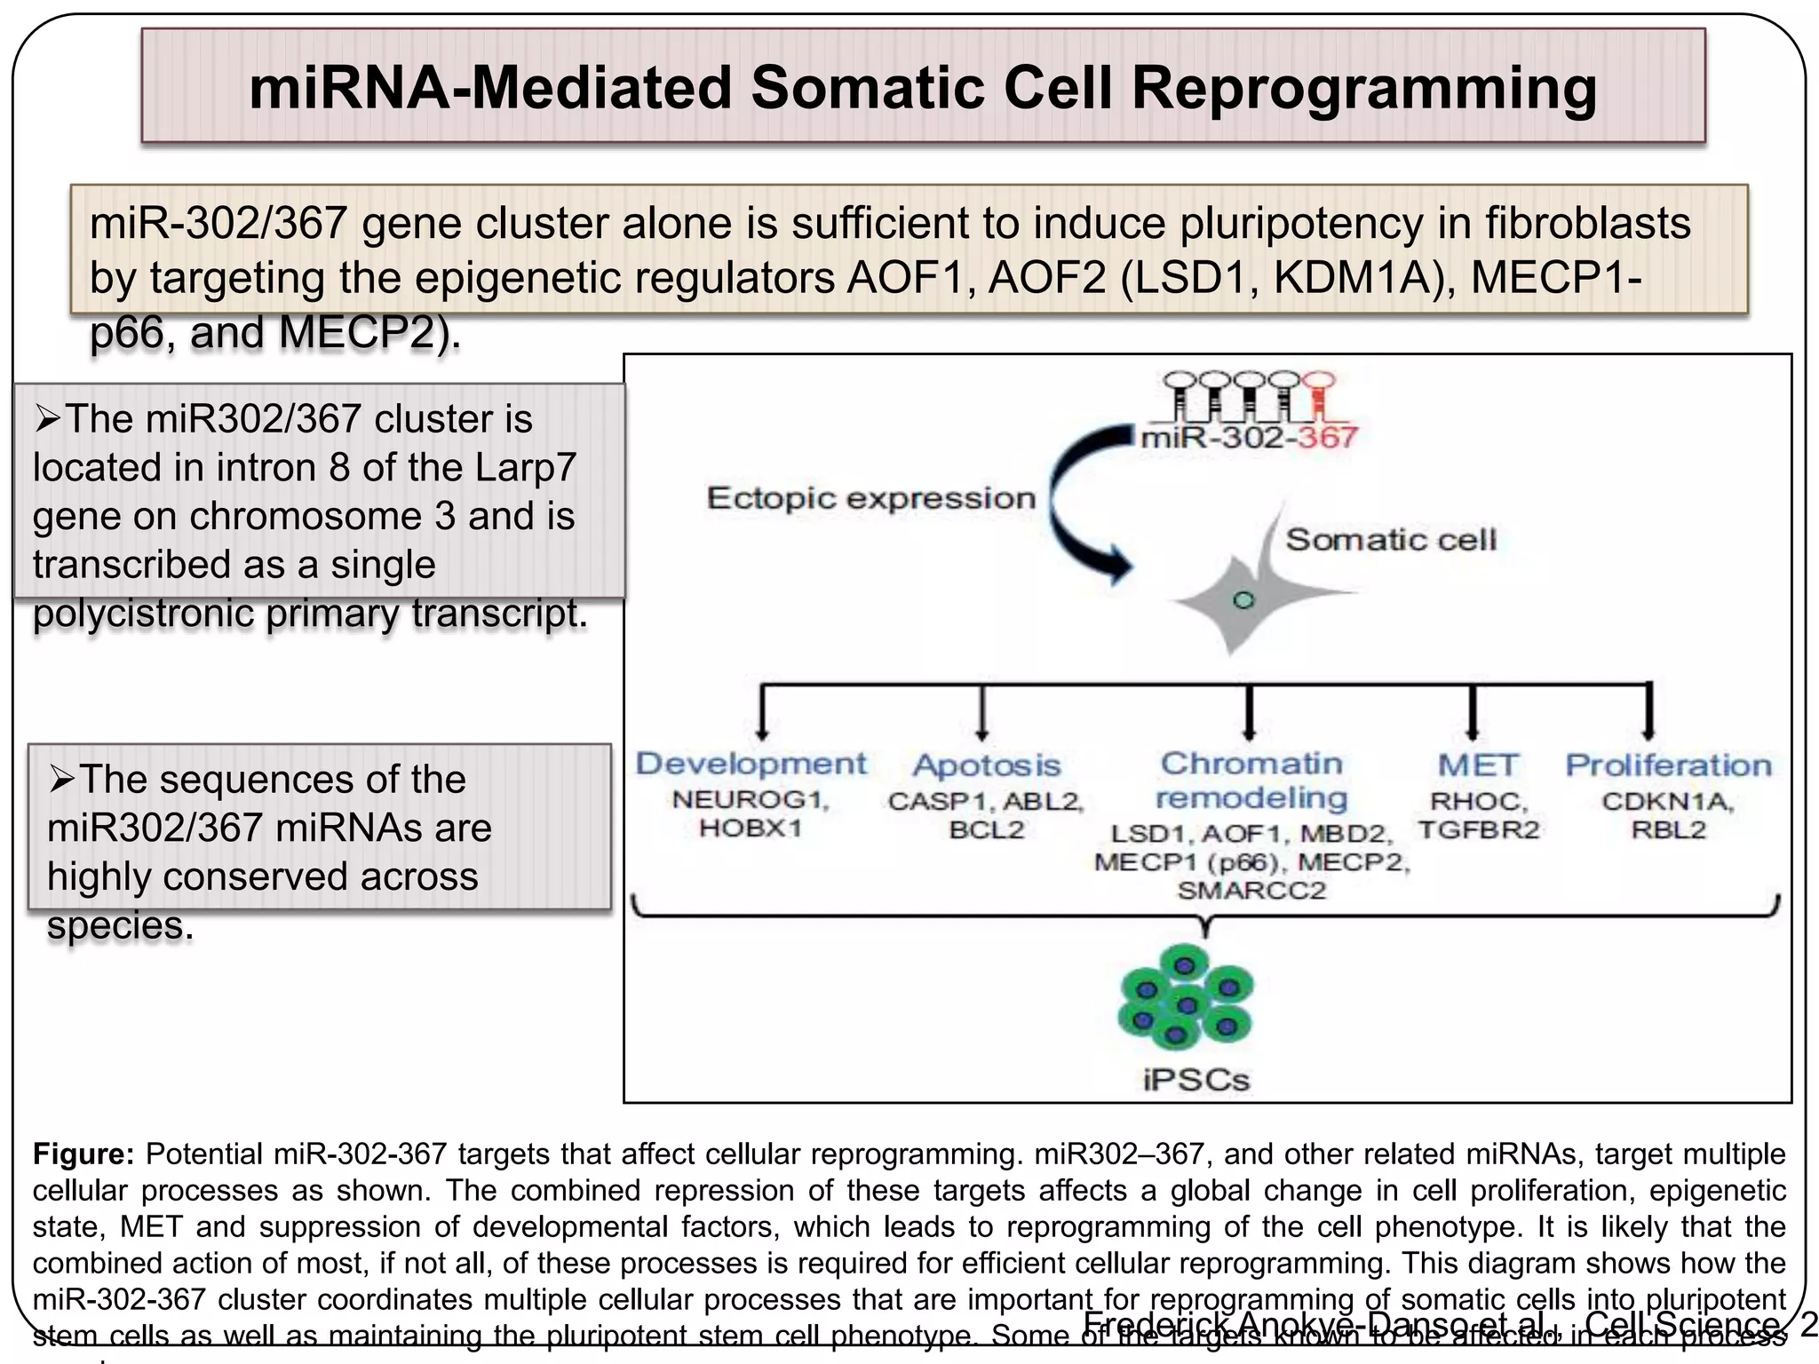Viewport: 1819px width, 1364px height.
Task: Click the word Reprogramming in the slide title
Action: click(x=1364, y=89)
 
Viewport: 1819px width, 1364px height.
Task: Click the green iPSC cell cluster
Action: click(x=1187, y=996)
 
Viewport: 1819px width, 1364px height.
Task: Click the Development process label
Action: click(x=751, y=764)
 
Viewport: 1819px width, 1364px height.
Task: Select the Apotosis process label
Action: click(x=987, y=765)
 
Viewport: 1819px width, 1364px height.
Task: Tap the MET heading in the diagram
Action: click(x=1478, y=765)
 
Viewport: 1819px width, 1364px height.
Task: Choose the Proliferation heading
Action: click(x=1668, y=765)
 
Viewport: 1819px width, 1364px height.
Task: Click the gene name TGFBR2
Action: click(x=1479, y=830)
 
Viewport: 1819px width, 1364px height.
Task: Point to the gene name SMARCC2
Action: click(x=1251, y=891)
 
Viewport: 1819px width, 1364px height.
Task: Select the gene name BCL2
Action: click(x=987, y=830)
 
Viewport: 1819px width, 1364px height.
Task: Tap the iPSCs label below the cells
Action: click(x=1195, y=1080)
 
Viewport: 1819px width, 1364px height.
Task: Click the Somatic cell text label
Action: click(x=1391, y=539)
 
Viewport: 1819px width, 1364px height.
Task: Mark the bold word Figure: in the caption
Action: click(x=83, y=1154)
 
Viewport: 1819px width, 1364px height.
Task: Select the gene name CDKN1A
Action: click(x=1668, y=801)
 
